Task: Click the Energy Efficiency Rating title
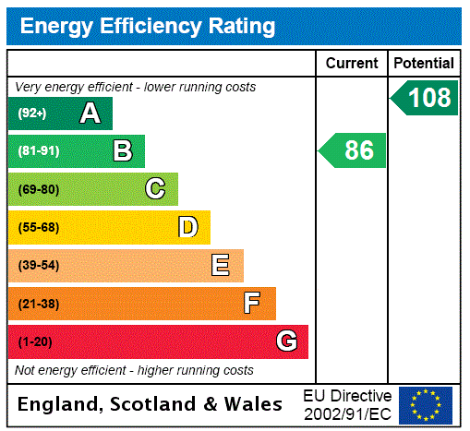pos(148,26)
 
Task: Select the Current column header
pos(352,64)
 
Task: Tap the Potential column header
pos(424,64)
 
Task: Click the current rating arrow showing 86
pos(354,150)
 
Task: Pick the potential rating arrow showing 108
pos(425,98)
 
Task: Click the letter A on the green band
pos(90,114)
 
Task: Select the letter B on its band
pos(122,150)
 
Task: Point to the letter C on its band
pos(155,189)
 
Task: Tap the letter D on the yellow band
pos(187,227)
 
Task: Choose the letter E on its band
pos(221,266)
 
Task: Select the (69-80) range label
pos(38,189)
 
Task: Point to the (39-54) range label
pos(38,266)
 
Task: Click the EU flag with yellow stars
pos(426,404)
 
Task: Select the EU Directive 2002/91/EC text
pos(347,404)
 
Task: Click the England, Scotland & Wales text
pos(151,404)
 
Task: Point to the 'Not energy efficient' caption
pos(134,370)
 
